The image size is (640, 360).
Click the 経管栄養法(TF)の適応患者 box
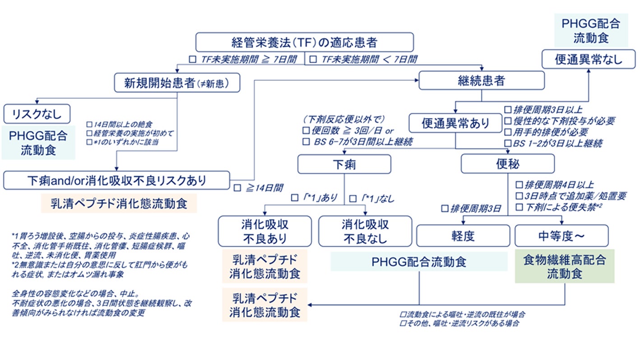click(x=305, y=42)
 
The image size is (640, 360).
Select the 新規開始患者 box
click(x=176, y=82)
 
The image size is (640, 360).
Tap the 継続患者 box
click(x=481, y=80)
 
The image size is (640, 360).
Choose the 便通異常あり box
click(x=455, y=123)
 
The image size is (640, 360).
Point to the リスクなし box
click(x=37, y=114)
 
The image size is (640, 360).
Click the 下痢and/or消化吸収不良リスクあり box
click(x=116, y=180)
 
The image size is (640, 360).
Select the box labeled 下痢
click(x=344, y=164)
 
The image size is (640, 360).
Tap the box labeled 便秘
click(x=507, y=164)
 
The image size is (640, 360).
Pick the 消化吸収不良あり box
click(x=264, y=231)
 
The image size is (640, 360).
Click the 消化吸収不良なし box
click(x=365, y=231)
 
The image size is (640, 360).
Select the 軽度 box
click(x=463, y=235)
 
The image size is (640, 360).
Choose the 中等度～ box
click(x=561, y=235)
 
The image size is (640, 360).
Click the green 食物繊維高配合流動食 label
click(x=564, y=267)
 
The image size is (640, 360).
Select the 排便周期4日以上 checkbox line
click(x=555, y=185)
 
